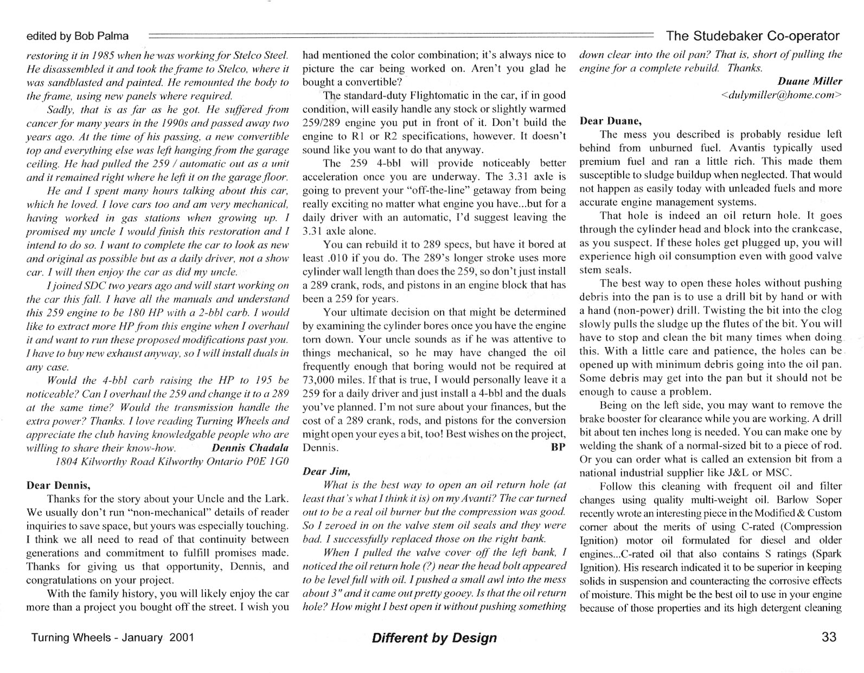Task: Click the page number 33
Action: point(829,637)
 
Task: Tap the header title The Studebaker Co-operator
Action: point(752,36)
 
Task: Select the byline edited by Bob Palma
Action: point(78,36)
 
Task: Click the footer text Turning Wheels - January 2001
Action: point(112,637)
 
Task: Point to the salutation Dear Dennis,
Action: point(59,485)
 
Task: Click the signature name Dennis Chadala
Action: point(250,448)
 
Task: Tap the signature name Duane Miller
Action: point(810,81)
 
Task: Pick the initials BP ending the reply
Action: point(558,447)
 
